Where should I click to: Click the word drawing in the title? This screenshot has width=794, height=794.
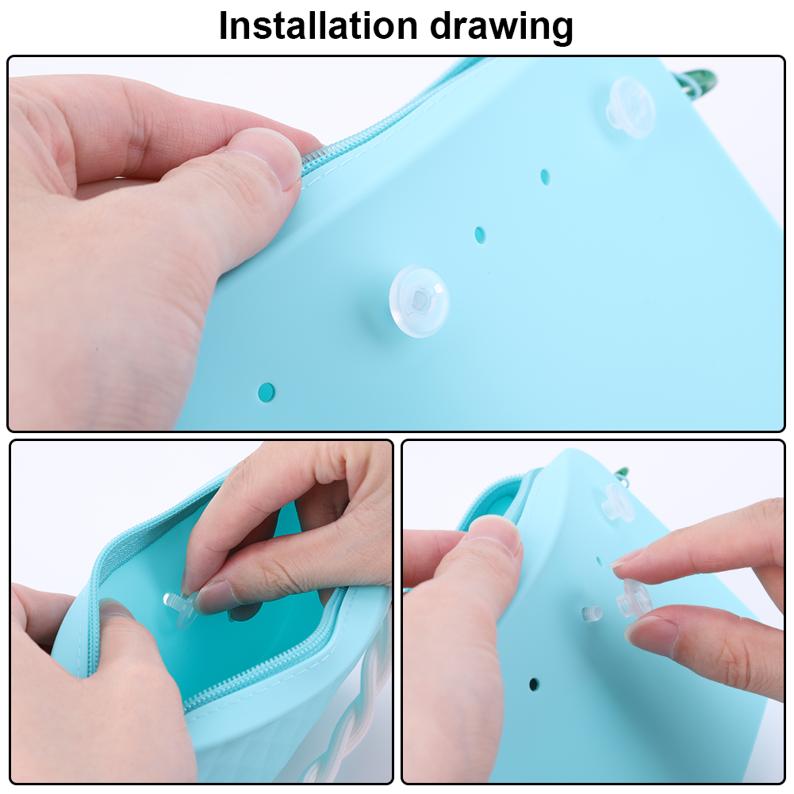(501, 27)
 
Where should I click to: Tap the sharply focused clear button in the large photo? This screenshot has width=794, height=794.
(420, 300)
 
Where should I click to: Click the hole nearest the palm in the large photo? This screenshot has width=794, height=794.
(267, 391)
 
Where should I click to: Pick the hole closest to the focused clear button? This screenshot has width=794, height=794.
(480, 235)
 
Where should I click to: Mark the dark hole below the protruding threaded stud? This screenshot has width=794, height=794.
(534, 684)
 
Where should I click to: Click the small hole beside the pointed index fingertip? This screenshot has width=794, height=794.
(600, 561)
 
